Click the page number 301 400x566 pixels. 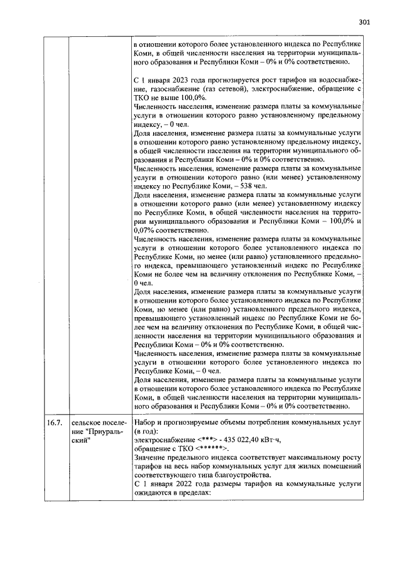[365, 23]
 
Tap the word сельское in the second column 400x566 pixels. [86, 423]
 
